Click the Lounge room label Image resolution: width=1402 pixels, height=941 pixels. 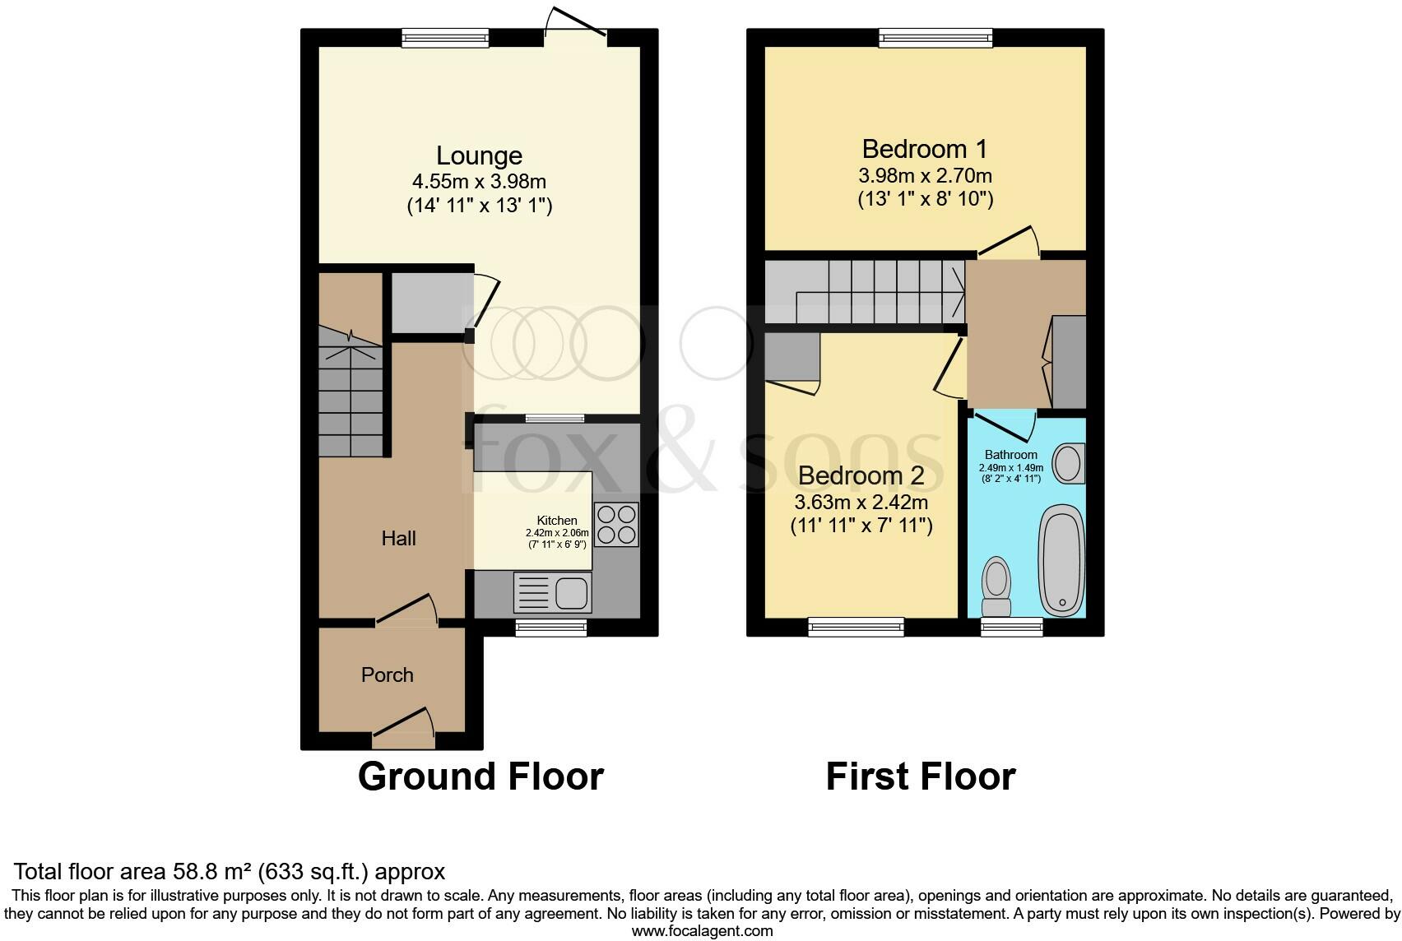point(479,155)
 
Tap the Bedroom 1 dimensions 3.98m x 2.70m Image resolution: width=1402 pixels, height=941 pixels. point(925,175)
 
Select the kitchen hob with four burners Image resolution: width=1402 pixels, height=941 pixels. point(616,525)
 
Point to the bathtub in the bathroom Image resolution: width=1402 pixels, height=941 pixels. point(1061,559)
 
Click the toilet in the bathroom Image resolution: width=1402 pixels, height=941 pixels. point(997,586)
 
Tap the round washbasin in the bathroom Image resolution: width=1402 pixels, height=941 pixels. point(1069,464)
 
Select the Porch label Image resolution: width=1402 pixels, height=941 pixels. point(387,674)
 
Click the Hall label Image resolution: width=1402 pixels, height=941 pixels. point(398,538)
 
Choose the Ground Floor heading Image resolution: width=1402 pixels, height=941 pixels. point(480,776)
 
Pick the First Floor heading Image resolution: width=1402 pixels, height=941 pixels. point(920,776)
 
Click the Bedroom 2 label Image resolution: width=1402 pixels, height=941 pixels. point(861,475)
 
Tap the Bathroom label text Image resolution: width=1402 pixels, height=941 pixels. point(1010,455)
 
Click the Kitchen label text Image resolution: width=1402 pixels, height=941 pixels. point(557,521)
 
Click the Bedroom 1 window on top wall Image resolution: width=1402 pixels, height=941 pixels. point(935,37)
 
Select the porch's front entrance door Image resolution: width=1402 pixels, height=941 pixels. point(404,729)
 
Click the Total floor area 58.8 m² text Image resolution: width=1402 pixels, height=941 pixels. point(230,871)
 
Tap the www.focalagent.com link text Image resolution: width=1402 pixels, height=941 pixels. point(702,931)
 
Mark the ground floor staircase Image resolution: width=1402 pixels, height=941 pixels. point(351,395)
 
